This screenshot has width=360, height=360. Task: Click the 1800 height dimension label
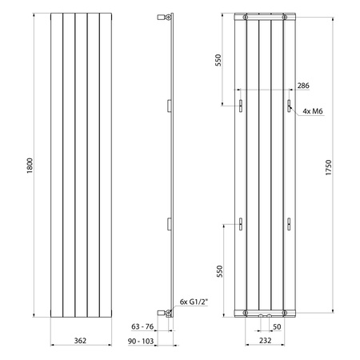[x=30, y=166]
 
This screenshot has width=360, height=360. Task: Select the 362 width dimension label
[x=80, y=341]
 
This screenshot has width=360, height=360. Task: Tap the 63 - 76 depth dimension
[x=142, y=326]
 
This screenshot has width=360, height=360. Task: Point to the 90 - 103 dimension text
[x=141, y=341]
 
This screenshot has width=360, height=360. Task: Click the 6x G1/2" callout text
[x=194, y=302]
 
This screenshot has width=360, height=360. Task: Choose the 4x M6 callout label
[x=313, y=111]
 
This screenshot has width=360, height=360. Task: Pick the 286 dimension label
[x=303, y=86]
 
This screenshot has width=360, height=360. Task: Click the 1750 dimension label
[x=328, y=167]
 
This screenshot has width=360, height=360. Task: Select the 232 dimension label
[x=265, y=340]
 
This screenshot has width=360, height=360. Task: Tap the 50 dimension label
[x=277, y=326]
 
